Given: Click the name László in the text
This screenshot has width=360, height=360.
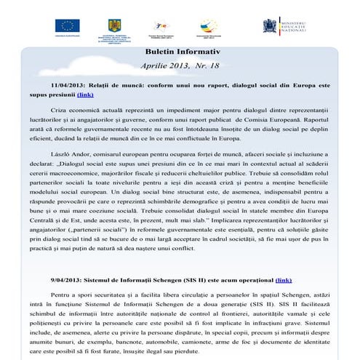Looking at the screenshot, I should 63,154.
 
